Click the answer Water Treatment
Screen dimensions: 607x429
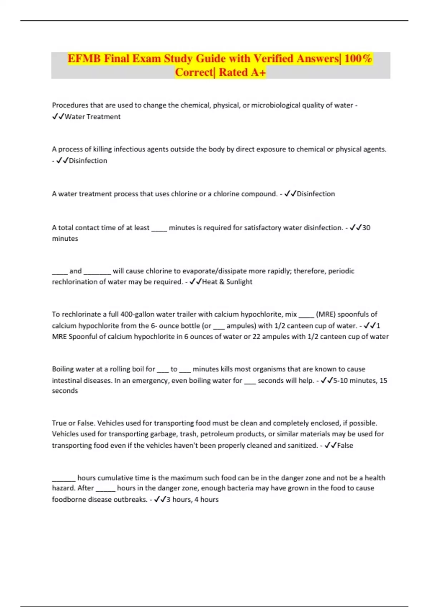tap(93, 117)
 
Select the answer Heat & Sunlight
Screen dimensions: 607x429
tap(227, 282)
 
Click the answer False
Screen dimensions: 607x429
tap(345, 445)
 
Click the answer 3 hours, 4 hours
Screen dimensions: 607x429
tap(192, 500)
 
